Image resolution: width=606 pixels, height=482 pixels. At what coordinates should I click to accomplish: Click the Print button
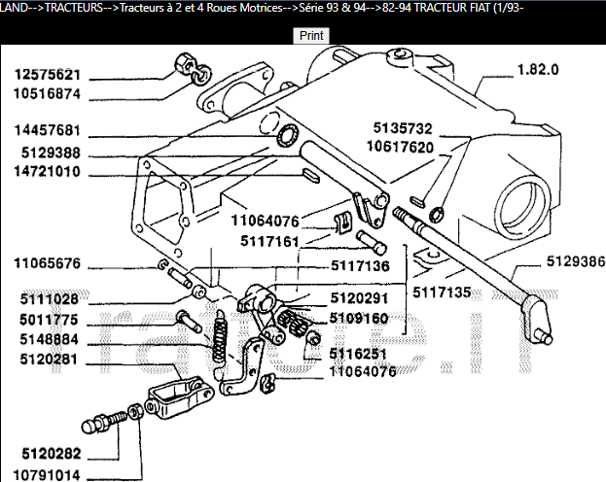(311, 35)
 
